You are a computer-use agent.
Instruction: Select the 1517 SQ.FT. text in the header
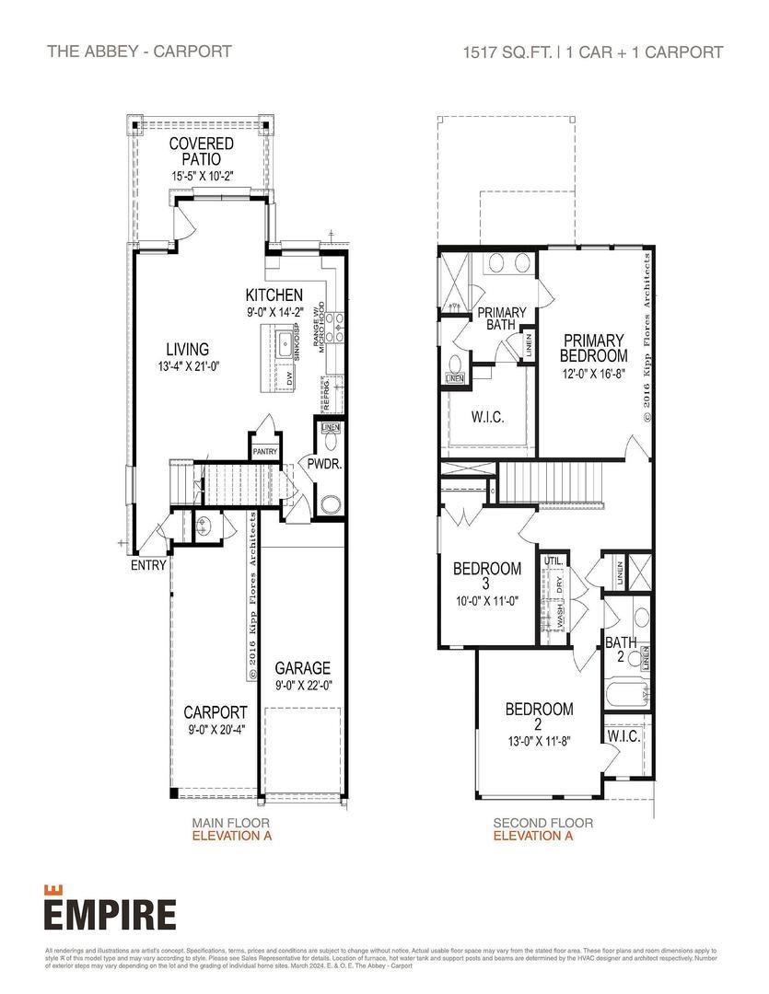tap(507, 52)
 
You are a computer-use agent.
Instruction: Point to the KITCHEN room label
tap(274, 295)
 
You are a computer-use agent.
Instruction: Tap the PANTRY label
tap(264, 451)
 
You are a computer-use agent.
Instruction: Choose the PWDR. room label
tap(324, 465)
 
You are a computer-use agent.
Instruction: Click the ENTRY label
tap(148, 565)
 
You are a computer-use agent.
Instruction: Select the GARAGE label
tap(302, 668)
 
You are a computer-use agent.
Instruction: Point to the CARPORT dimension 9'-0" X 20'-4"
tap(215, 730)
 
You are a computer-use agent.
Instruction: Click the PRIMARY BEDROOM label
tap(594, 347)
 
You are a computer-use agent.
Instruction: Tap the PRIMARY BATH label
tap(501, 318)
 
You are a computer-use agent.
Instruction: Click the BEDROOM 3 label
tap(486, 576)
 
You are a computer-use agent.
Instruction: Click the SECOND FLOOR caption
tap(542, 823)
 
